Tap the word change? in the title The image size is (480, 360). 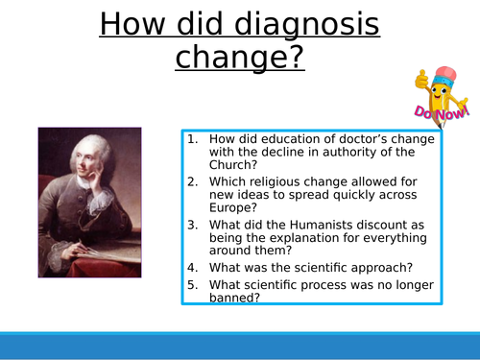coord(239,58)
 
